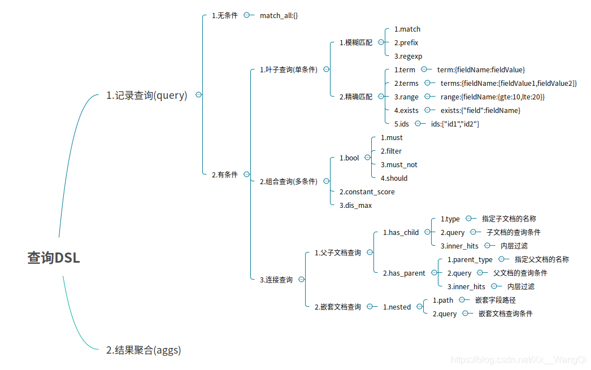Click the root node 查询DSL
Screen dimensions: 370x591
(x=54, y=258)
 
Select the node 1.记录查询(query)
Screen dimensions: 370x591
(x=146, y=95)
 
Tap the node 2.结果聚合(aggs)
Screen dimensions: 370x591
(x=144, y=350)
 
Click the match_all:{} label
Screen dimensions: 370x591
(x=279, y=15)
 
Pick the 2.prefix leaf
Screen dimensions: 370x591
(x=406, y=42)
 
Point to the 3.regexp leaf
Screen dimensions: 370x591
(x=408, y=56)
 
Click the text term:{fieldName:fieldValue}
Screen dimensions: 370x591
(x=481, y=69)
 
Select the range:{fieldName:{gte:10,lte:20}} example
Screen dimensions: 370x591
(x=492, y=97)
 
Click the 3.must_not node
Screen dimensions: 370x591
(x=399, y=164)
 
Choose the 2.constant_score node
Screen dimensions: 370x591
(x=367, y=191)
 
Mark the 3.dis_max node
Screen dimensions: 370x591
(x=355, y=205)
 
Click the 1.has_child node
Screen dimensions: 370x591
(x=401, y=232)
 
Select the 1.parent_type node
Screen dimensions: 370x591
(x=470, y=259)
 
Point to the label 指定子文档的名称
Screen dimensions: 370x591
(x=509, y=219)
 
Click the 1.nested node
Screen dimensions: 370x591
(x=397, y=307)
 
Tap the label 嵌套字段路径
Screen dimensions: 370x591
(x=495, y=300)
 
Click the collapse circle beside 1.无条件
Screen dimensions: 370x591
(x=246, y=15)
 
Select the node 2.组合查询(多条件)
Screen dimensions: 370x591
(x=288, y=181)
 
